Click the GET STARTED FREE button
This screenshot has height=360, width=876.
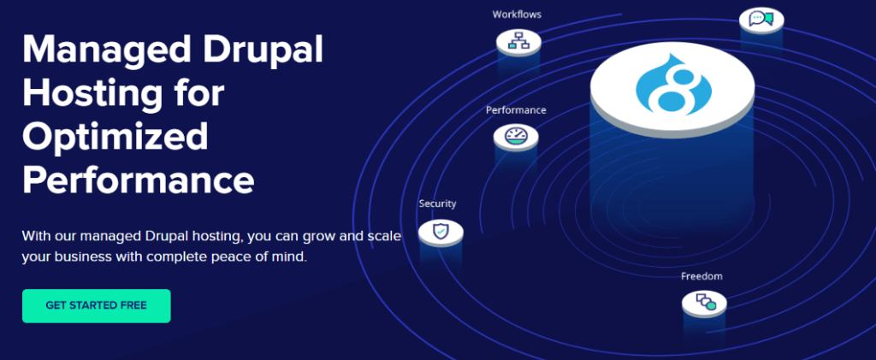click(x=97, y=305)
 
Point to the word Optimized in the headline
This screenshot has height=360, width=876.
click(x=115, y=137)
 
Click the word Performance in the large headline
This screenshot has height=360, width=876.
click(x=138, y=180)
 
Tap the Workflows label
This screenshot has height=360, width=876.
click(x=517, y=14)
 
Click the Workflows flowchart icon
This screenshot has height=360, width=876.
click(x=518, y=40)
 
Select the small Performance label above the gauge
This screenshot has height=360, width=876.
click(x=516, y=110)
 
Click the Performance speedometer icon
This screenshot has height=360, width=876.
click(x=515, y=135)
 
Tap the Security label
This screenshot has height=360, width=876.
click(x=437, y=204)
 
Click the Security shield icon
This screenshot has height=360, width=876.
click(x=440, y=229)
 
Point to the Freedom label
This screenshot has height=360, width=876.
click(x=701, y=276)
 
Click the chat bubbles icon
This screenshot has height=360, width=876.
click(x=761, y=18)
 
